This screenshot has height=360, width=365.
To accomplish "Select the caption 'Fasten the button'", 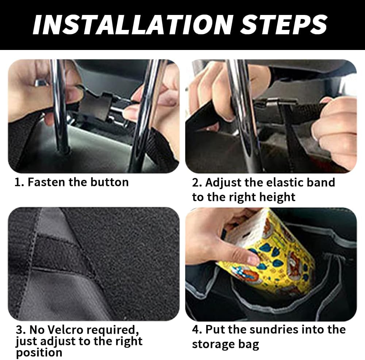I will pyautogui.click(x=78, y=182).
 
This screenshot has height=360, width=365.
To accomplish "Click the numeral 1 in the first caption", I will pyautogui.click(x=17, y=182).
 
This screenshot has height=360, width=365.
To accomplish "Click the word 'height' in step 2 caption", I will pyautogui.click(x=277, y=197).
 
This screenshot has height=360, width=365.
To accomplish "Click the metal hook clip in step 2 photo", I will pyautogui.click(x=272, y=103).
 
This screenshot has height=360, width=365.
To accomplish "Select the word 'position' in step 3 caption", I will pyautogui.click(x=39, y=353).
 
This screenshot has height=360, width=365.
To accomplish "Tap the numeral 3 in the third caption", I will pyautogui.click(x=19, y=330).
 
